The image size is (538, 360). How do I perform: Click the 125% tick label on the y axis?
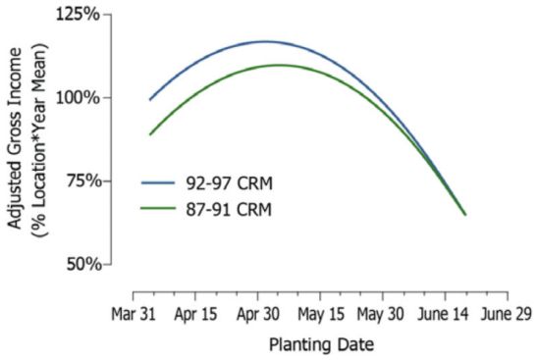[81, 15]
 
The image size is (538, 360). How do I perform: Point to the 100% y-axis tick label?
[81, 98]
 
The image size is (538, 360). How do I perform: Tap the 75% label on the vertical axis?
[84, 181]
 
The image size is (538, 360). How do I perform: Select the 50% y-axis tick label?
[84, 264]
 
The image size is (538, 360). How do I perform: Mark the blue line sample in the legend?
[158, 181]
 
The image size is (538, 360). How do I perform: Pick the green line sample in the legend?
[158, 208]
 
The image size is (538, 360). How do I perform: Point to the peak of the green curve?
[279, 66]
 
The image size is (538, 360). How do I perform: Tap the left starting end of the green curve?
[150, 134]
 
